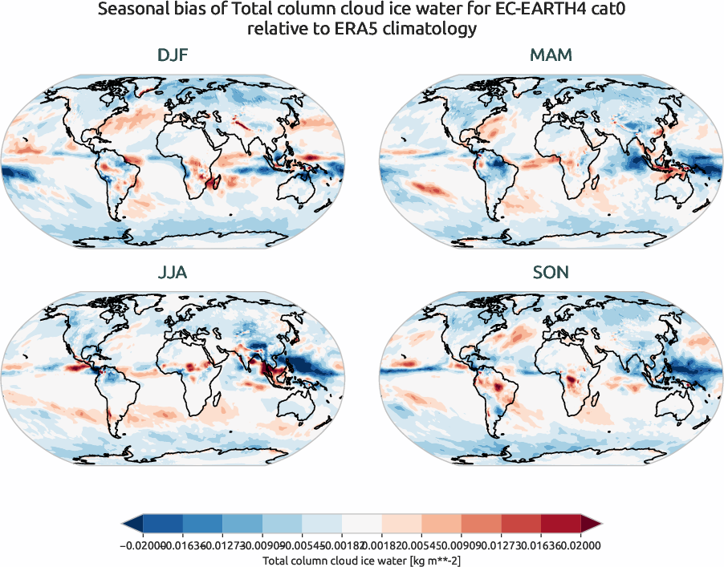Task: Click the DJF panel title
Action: tap(173, 56)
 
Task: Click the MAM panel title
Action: tap(551, 56)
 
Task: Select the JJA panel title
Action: tap(173, 273)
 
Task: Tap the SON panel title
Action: tap(551, 273)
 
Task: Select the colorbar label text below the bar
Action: tap(362, 559)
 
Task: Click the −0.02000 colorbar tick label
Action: tap(138, 545)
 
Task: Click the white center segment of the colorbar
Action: tap(362, 524)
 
